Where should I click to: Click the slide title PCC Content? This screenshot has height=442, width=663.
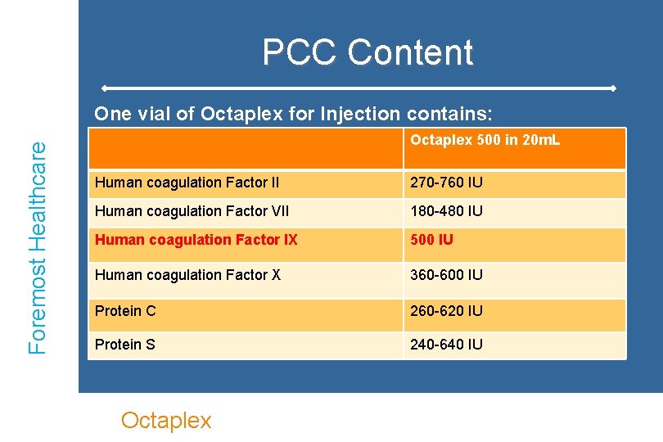click(x=368, y=52)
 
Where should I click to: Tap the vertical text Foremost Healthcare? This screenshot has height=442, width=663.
click(x=38, y=246)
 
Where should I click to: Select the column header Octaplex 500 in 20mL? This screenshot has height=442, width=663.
click(x=485, y=141)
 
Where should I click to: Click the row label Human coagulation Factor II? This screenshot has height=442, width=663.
click(x=187, y=183)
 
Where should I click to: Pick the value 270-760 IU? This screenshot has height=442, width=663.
click(x=446, y=183)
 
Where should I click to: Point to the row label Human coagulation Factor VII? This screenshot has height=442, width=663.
click(x=191, y=211)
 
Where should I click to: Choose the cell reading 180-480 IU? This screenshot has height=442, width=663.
click(x=446, y=211)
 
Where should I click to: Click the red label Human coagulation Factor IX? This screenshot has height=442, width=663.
click(x=196, y=241)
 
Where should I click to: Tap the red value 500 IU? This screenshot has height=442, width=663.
click(x=431, y=241)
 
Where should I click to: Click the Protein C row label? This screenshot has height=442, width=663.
click(x=125, y=311)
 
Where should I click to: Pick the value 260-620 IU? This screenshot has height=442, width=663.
click(x=446, y=311)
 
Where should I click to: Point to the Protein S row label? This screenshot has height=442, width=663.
click(x=125, y=345)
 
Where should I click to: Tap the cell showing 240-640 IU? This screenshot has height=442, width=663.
click(x=446, y=345)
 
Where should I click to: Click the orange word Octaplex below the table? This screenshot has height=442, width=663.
click(x=166, y=421)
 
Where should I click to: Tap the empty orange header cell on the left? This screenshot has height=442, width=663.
click(x=245, y=148)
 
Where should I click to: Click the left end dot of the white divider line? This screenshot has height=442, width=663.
click(x=104, y=88)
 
